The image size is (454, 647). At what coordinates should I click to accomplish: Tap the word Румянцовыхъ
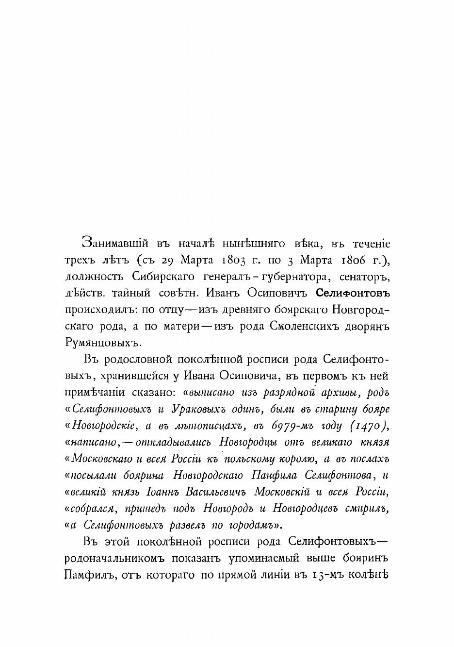coord(102,343)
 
